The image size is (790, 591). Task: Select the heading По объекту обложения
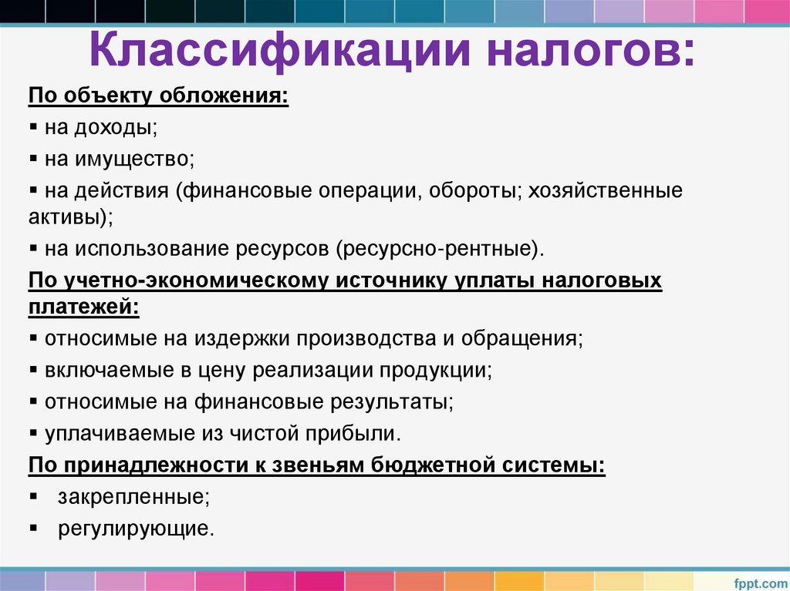click(159, 98)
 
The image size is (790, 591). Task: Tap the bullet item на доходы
click(101, 128)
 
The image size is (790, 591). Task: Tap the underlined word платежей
click(84, 306)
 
